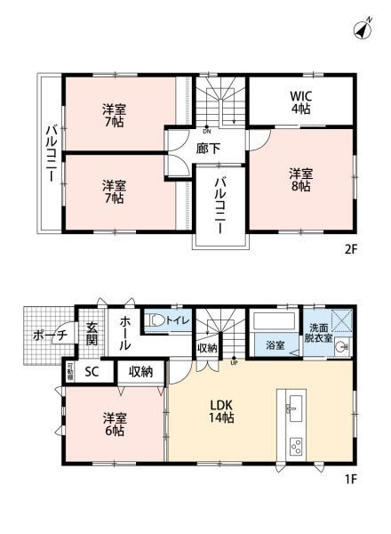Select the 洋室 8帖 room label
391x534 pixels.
pyautogui.click(x=299, y=179)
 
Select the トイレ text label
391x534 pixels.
pyautogui.click(x=178, y=319)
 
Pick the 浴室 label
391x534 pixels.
pyautogui.click(x=274, y=345)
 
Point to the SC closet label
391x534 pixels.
pyautogui.click(x=92, y=371)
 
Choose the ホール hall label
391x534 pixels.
pyautogui.click(x=125, y=333)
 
